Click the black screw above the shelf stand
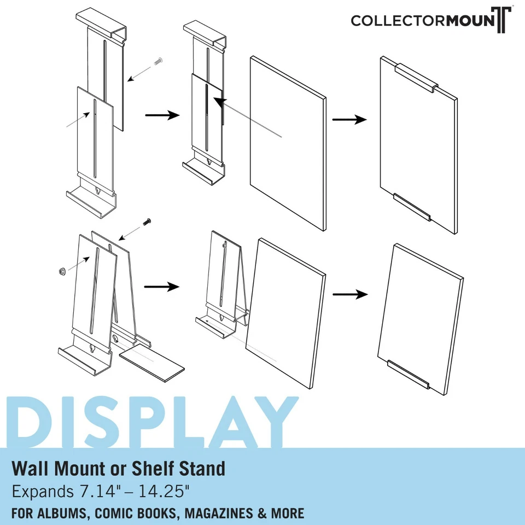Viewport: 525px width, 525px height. (x=147, y=221)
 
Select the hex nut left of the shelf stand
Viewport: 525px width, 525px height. (x=62, y=270)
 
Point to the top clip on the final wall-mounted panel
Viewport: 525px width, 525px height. (x=416, y=78)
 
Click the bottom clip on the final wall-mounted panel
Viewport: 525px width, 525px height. (x=412, y=207)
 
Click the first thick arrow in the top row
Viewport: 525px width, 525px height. (x=162, y=115)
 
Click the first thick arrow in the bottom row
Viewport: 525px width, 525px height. (x=162, y=287)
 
